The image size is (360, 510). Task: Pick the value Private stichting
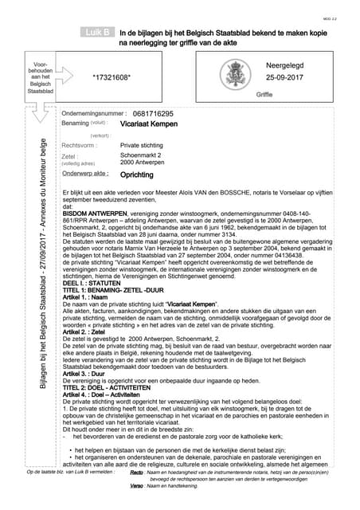(141, 146)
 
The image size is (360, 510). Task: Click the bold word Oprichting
(137, 175)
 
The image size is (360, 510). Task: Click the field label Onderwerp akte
(84, 174)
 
